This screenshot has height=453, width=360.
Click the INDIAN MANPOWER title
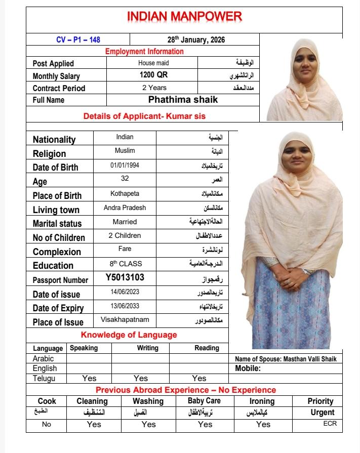tap(184, 16)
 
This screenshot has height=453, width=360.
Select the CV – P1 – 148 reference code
tap(78, 39)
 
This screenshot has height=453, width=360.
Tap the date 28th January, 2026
tap(196, 39)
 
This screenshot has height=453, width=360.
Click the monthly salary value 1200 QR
tap(153, 75)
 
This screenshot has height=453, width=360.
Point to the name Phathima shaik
tap(183, 100)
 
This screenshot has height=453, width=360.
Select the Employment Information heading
tap(144, 51)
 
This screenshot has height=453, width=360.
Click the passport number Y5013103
tap(125, 277)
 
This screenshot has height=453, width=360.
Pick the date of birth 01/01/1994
tap(125, 166)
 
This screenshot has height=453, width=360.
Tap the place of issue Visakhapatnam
tap(125, 320)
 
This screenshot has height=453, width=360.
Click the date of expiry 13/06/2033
tap(125, 306)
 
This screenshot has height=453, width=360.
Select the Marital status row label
tap(57, 223)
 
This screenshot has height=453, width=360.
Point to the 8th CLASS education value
tap(126, 264)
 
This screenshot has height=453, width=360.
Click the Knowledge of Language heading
tap(129, 335)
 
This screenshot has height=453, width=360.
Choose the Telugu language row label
tap(45, 378)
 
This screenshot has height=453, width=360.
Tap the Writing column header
tap(147, 348)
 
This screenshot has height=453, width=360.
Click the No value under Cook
tap(47, 424)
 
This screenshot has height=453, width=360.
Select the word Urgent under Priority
tap(323, 413)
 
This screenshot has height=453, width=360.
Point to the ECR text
tap(330, 424)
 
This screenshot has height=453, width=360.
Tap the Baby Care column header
tap(205, 400)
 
